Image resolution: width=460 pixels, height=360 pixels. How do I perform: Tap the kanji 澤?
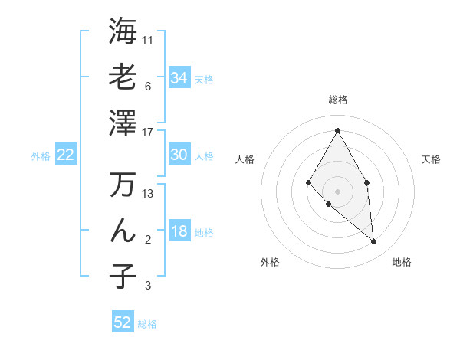click(x=123, y=122)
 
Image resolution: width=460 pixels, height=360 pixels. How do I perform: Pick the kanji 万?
click(x=123, y=185)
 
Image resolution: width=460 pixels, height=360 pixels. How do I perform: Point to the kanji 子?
click(x=123, y=276)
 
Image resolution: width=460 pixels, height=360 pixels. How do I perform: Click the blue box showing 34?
click(x=179, y=77)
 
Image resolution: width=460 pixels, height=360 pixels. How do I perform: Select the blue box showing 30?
click(x=179, y=155)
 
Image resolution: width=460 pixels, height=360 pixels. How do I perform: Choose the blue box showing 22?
click(x=66, y=155)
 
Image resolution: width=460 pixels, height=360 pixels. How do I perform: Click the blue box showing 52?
click(x=123, y=322)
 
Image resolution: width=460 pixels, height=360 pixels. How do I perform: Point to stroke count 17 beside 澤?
click(x=148, y=132)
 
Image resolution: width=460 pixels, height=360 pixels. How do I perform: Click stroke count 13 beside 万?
click(x=148, y=194)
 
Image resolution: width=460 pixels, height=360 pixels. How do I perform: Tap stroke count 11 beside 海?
click(x=148, y=39)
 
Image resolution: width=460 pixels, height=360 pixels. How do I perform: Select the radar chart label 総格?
click(x=337, y=100)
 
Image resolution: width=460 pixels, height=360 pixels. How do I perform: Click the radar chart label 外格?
click(x=270, y=262)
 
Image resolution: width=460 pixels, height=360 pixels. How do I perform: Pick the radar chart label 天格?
click(x=431, y=159)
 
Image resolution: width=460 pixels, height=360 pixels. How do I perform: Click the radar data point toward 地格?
click(x=374, y=242)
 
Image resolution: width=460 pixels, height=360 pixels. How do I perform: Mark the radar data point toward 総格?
click(x=337, y=129)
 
